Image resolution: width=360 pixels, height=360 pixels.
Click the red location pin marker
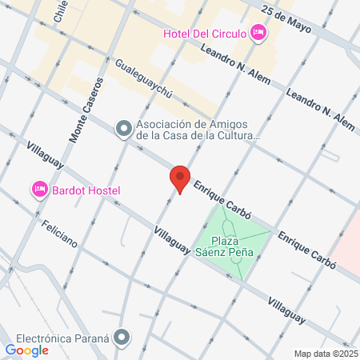(180, 178)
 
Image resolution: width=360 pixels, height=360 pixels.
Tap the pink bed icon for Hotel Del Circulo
(258, 33)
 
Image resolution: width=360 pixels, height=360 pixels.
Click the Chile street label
(59, 11)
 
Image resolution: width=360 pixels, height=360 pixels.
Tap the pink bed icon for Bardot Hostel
(39, 190)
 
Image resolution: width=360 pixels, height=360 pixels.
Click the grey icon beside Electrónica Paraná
(122, 338)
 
